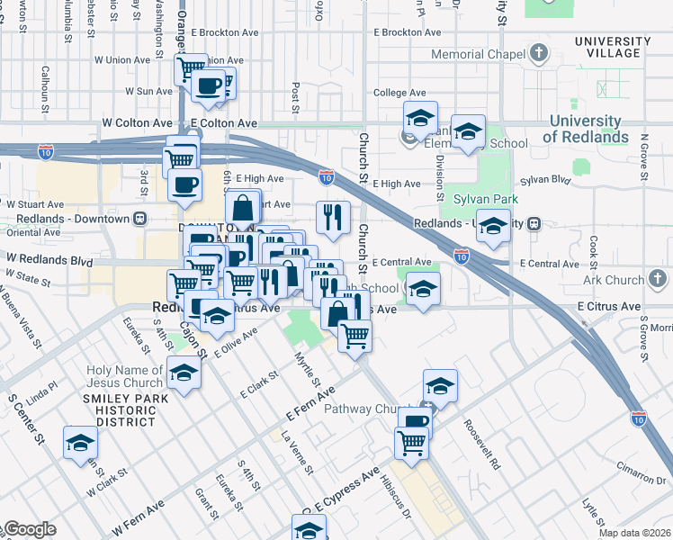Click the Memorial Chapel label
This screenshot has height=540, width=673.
pos(477,54)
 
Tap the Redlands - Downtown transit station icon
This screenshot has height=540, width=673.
pos(139,219)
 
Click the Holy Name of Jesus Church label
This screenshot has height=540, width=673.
pos(124,378)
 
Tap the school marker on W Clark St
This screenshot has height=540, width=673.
pos(80,443)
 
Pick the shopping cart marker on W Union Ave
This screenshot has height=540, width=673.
pos(192,67)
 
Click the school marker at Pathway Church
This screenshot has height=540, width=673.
pos(439,386)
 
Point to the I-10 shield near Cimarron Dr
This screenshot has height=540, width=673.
pos(638,418)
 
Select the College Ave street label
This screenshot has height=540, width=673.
pos(399,93)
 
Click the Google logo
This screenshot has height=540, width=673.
pos(30,529)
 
